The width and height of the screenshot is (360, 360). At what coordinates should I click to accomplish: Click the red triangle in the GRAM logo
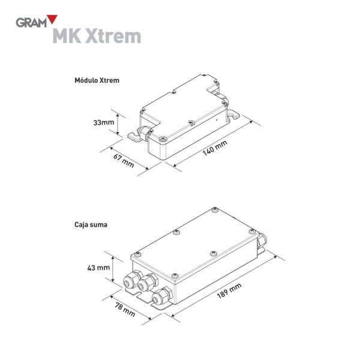(x=52, y=19)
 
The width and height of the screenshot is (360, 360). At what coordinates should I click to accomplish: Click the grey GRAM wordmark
(x=31, y=23)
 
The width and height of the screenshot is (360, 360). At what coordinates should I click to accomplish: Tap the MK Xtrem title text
(x=97, y=36)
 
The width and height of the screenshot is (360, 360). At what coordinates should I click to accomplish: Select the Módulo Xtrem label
(x=97, y=80)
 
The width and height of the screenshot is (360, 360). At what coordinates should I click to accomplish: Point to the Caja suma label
(x=91, y=224)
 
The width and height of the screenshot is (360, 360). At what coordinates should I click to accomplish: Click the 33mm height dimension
(x=104, y=122)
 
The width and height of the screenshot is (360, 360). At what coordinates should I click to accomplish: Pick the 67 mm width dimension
(x=124, y=160)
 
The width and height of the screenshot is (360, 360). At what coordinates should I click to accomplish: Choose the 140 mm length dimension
(x=215, y=148)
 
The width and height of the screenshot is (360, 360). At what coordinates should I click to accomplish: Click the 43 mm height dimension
(x=98, y=268)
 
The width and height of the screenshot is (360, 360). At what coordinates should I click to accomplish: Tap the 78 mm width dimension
(x=125, y=310)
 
